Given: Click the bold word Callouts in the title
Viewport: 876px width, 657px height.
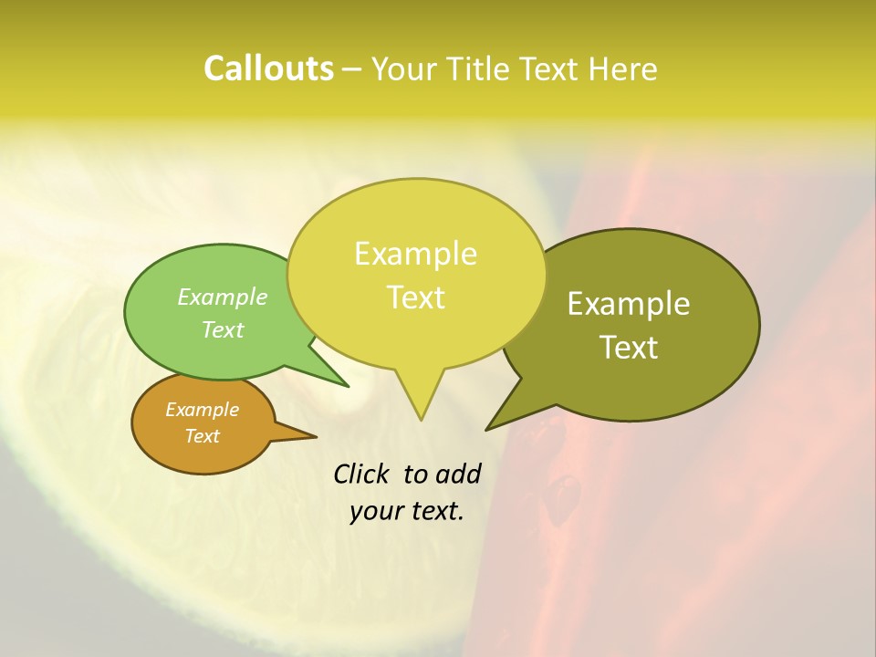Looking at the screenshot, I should coord(268,69).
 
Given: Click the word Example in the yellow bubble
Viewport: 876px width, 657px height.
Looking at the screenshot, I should coord(416,254).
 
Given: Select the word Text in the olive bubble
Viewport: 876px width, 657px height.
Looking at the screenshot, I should coord(630,348).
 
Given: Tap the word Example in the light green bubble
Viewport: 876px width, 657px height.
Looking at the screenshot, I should coord(223,297).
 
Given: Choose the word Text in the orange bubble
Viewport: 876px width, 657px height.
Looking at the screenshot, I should coord(203,436).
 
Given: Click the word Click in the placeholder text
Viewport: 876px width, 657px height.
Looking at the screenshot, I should coord(362,474).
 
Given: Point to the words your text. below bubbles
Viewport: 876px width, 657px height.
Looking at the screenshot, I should coord(407,511).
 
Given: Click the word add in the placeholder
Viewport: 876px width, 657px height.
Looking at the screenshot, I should coord(457,474).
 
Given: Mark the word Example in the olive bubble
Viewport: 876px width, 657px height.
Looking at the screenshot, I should coord(630,304).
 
